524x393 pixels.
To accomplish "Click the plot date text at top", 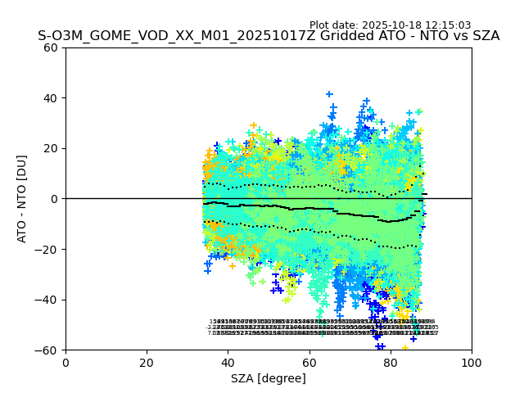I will (x=401, y=25).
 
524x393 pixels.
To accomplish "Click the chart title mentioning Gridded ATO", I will (x=269, y=36).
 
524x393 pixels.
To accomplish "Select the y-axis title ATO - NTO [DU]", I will (x=23, y=199).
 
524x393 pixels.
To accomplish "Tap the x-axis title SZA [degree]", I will (x=269, y=378).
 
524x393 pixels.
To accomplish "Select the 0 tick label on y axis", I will (x=55, y=199).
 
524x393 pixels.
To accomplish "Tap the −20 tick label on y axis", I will (x=48, y=249).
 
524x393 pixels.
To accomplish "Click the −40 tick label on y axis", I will (x=48, y=300).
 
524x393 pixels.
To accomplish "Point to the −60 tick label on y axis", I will (x=48, y=350).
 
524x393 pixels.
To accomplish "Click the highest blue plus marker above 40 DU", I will (x=329, y=94).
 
